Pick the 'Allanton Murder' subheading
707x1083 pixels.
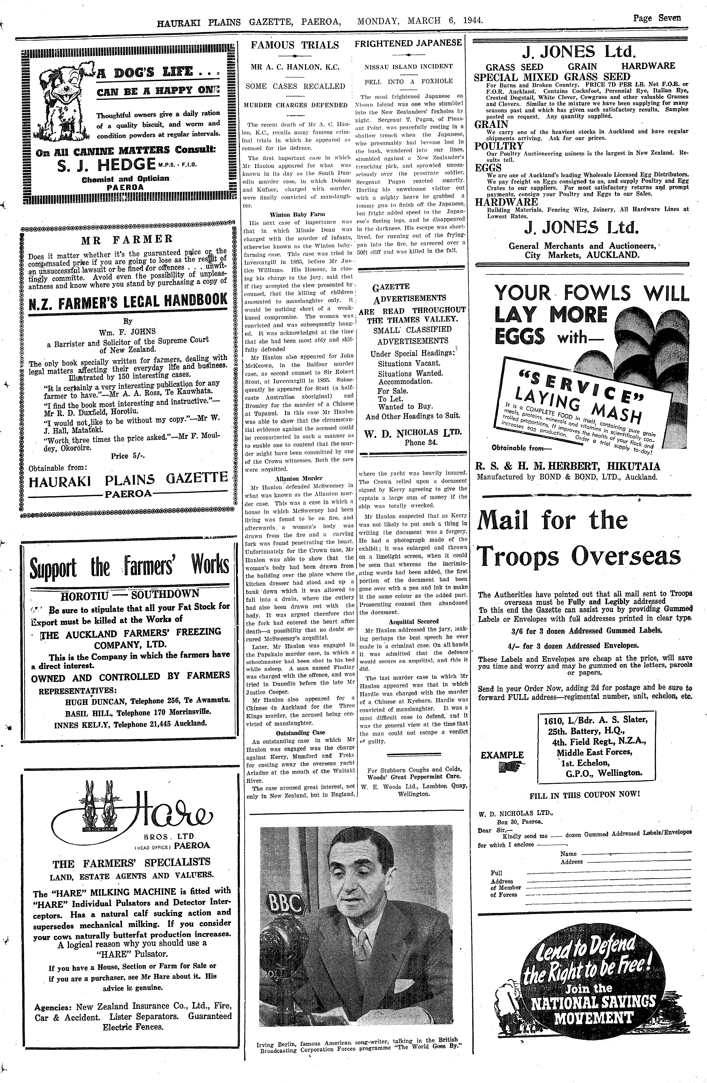pos(298,478)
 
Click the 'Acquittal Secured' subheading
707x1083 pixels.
pos(414,621)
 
